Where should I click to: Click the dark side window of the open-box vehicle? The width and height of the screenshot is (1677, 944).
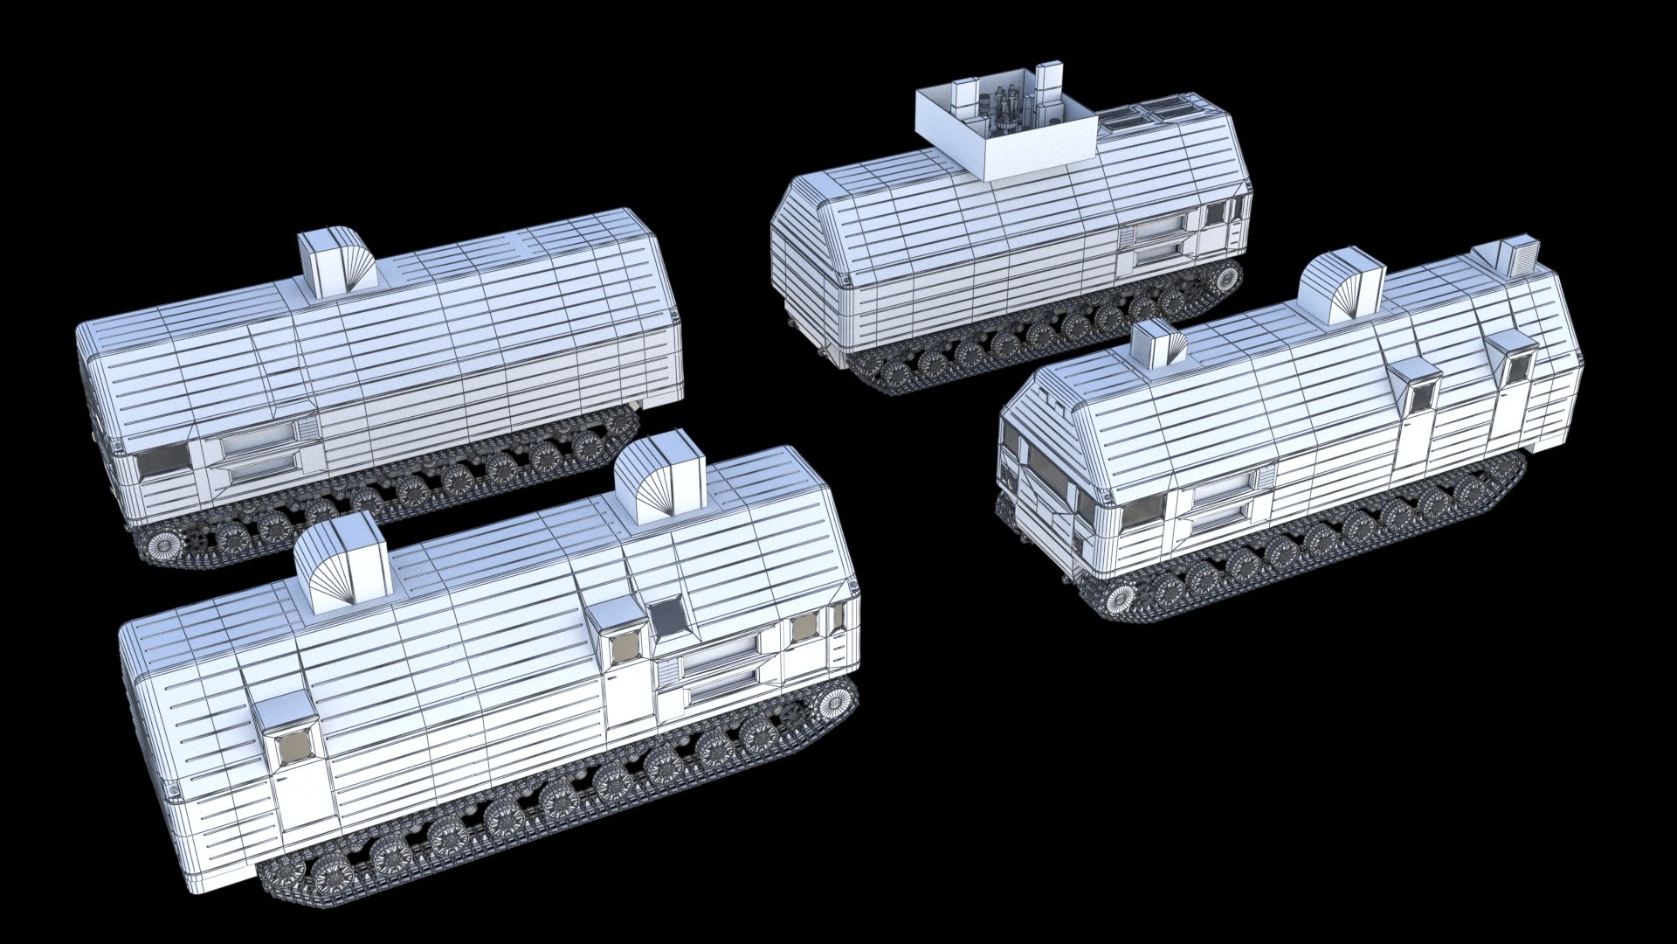pyautogui.click(x=1216, y=213)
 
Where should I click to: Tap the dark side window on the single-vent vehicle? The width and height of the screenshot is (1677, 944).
pyautogui.click(x=163, y=460)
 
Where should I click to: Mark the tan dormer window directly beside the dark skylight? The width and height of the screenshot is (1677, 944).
pyautogui.click(x=625, y=648)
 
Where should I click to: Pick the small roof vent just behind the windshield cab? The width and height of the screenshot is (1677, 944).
pyautogui.click(x=1162, y=344)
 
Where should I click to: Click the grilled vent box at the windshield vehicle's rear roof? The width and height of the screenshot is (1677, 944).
pyautogui.click(x=1517, y=253)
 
